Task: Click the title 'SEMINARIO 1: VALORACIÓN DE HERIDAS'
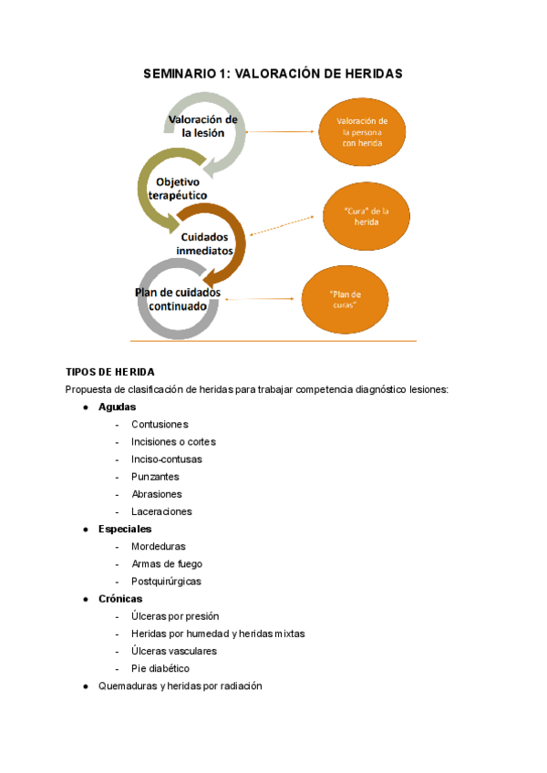273,74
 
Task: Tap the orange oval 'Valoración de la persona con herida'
362,132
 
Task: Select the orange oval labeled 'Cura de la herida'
362,216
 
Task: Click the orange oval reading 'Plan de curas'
344,299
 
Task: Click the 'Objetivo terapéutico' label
176,189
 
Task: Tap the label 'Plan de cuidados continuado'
177,299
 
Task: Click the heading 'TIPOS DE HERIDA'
110,372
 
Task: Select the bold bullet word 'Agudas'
117,407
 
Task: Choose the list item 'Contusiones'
160,424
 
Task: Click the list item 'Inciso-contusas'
167,459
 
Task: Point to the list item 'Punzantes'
155,477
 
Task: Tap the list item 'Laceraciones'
161,511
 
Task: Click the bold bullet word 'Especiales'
125,529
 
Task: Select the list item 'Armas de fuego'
167,563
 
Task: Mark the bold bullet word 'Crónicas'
120,599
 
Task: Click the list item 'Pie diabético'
160,668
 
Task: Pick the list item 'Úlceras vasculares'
174,651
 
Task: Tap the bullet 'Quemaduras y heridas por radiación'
180,685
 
